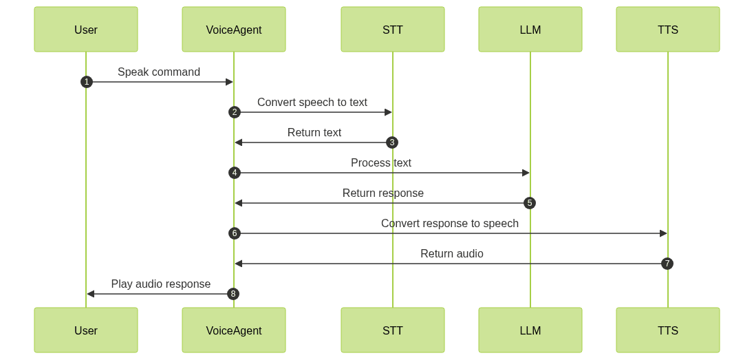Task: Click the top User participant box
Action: pos(86,30)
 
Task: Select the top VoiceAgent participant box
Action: pos(234,30)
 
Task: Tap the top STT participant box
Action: pos(393,30)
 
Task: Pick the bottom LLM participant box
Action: pos(530,330)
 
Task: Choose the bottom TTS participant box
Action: pos(668,330)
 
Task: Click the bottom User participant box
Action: pos(86,330)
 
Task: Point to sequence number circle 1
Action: pos(86,82)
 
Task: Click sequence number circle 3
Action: pos(392,142)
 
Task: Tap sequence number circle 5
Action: pos(530,203)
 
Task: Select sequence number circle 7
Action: pos(667,264)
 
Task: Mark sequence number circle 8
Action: pos(234,294)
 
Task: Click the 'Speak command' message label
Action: pos(159,72)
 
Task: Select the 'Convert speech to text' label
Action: pos(312,103)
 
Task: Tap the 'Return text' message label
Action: pos(314,133)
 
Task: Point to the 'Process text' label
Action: pos(381,163)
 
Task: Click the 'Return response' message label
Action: pos(383,193)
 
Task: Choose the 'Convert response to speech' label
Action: pos(450,224)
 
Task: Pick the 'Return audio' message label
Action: pos(452,254)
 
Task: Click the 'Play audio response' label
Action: pos(160,284)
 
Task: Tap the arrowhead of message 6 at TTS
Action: pos(663,233)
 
